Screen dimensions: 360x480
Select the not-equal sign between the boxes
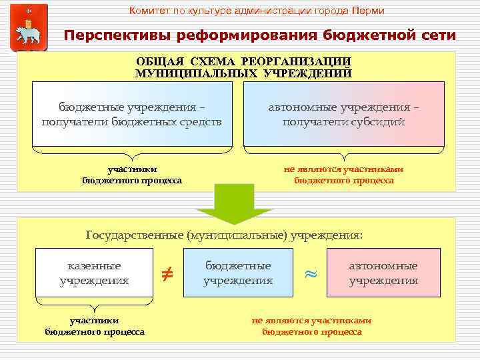click(x=167, y=273)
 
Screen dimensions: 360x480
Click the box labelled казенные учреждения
click(x=94, y=273)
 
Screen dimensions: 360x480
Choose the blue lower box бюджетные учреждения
click(x=238, y=273)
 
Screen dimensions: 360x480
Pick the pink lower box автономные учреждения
click(x=383, y=273)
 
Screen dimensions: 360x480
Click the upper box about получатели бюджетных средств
click(x=131, y=115)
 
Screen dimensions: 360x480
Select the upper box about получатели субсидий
click(x=343, y=115)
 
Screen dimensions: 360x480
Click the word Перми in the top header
click(x=369, y=11)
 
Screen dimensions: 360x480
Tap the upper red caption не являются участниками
click(x=343, y=169)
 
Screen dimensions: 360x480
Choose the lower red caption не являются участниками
click(x=311, y=321)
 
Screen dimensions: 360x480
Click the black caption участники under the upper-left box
click(x=132, y=169)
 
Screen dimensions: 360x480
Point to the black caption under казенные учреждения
click(x=95, y=326)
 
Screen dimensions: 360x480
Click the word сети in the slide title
click(x=437, y=35)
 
